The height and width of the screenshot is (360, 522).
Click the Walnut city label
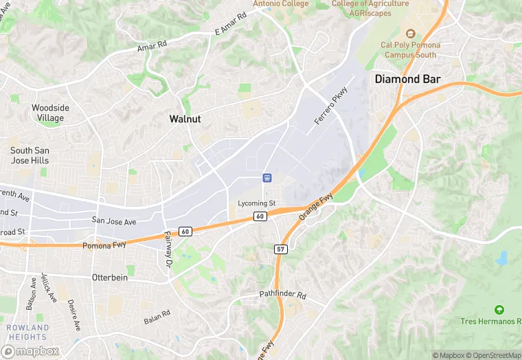point(185,119)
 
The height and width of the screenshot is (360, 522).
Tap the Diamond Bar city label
point(407,79)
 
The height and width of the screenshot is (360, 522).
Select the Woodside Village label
point(51,113)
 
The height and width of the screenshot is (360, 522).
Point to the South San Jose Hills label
point(30,155)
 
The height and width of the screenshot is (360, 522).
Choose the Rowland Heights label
point(28,332)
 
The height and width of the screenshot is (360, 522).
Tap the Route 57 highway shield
point(281,249)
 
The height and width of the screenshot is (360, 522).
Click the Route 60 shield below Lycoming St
point(260,216)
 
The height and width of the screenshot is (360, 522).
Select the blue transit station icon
point(267,178)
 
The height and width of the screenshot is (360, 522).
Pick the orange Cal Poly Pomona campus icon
point(411,33)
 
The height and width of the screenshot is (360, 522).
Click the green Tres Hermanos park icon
point(499,310)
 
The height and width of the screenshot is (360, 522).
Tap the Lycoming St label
point(256,203)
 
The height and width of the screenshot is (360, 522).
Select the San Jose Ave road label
point(114,221)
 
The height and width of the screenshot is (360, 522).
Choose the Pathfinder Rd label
point(283,295)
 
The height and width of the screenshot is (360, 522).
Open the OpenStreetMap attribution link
point(492,355)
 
